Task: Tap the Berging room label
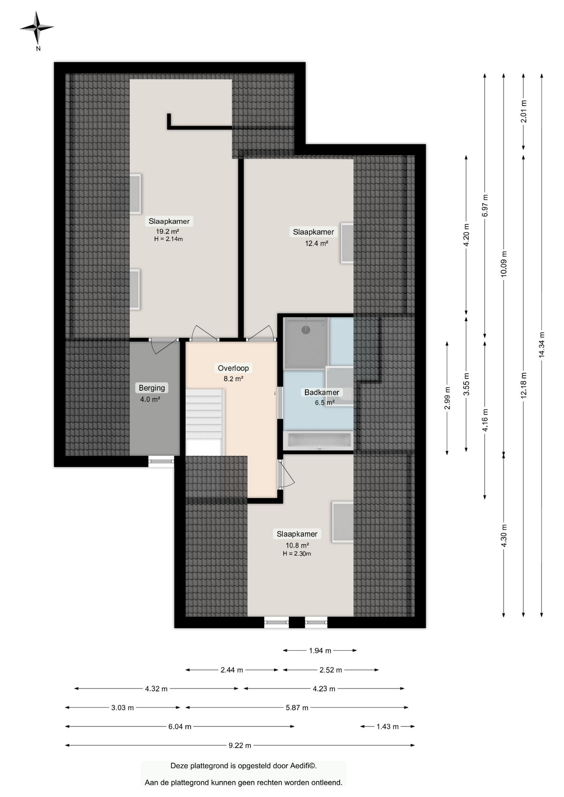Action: point(152,388)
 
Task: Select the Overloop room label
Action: point(233,368)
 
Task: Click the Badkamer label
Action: point(321,392)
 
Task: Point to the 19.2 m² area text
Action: point(167,232)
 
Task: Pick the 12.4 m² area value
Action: point(316,243)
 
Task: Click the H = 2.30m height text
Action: point(297,554)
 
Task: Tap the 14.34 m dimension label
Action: point(542,345)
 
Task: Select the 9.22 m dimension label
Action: point(240,746)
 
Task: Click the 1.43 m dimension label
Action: point(387,726)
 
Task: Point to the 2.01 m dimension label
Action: point(524,112)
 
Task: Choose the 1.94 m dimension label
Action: point(320,650)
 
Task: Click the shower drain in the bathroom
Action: point(306,330)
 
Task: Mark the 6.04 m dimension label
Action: point(180,726)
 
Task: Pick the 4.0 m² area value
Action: point(150,399)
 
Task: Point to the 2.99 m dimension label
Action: point(447,398)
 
